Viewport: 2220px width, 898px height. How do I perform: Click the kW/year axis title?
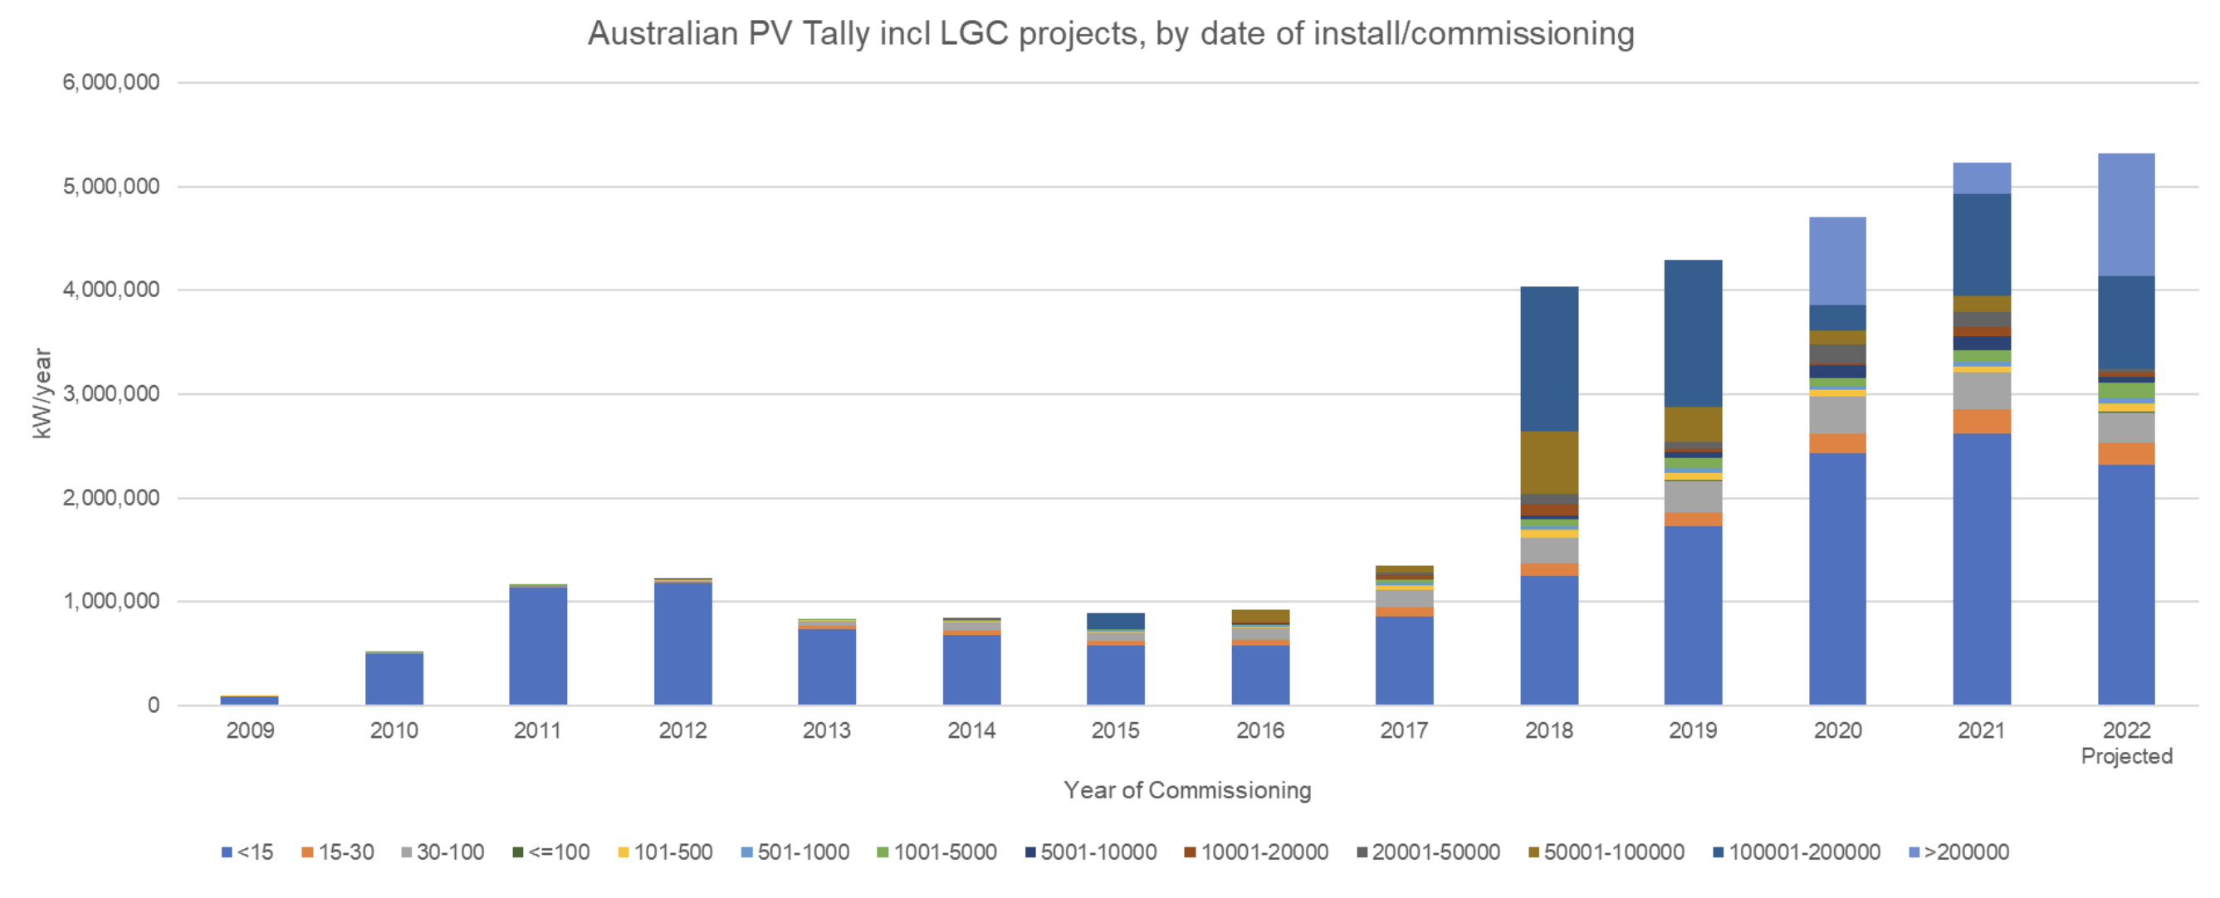(x=42, y=394)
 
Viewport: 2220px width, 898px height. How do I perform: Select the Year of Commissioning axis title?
(x=1186, y=790)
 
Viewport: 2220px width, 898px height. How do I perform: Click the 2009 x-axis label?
(x=250, y=731)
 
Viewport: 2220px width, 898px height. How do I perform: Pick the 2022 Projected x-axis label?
(x=2126, y=743)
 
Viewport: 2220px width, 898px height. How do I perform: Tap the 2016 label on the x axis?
(x=1260, y=731)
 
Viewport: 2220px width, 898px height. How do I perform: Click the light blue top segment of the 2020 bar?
(x=1837, y=261)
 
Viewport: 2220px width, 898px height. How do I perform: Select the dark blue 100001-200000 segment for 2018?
(x=1548, y=359)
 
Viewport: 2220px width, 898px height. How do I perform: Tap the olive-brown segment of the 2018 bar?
(x=1548, y=462)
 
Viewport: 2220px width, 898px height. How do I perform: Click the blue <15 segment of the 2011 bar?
(x=538, y=647)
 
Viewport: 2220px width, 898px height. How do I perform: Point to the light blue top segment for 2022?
(x=2126, y=215)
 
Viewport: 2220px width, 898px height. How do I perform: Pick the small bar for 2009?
(x=250, y=700)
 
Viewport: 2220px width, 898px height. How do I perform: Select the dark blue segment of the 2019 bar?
(x=1693, y=334)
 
